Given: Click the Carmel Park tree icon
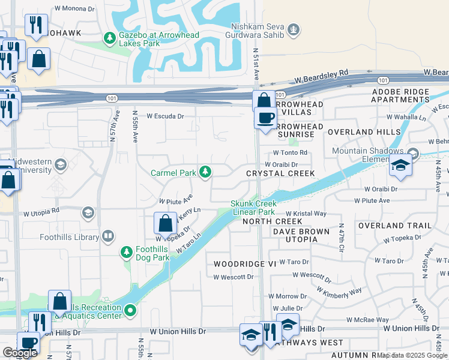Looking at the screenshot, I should point(206,173).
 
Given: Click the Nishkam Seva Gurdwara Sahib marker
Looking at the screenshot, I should point(294,28).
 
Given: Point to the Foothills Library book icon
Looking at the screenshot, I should point(108,237).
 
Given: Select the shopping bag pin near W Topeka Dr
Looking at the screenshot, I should point(165,223).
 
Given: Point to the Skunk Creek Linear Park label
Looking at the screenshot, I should point(253,208).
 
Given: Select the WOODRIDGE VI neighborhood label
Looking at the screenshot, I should point(237,264).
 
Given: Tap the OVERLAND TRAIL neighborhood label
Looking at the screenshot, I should point(394,226).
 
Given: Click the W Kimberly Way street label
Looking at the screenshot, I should point(339,291).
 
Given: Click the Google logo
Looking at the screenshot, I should point(20,353).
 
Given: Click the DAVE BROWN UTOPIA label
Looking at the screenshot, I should point(301,235).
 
